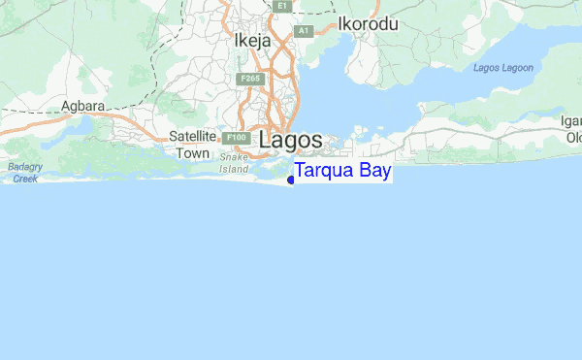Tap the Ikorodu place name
368,24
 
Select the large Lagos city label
290,140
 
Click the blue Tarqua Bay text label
342,172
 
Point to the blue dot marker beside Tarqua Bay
291,180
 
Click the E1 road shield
281,6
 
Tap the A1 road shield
304,31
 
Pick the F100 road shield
234,139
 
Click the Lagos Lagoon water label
503,67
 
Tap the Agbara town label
82,106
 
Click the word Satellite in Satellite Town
191,137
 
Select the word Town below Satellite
191,152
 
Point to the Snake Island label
234,162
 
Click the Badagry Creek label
25,173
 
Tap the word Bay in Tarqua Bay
372,172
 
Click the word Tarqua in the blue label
323,172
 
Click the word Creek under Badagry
25,179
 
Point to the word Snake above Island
234,156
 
